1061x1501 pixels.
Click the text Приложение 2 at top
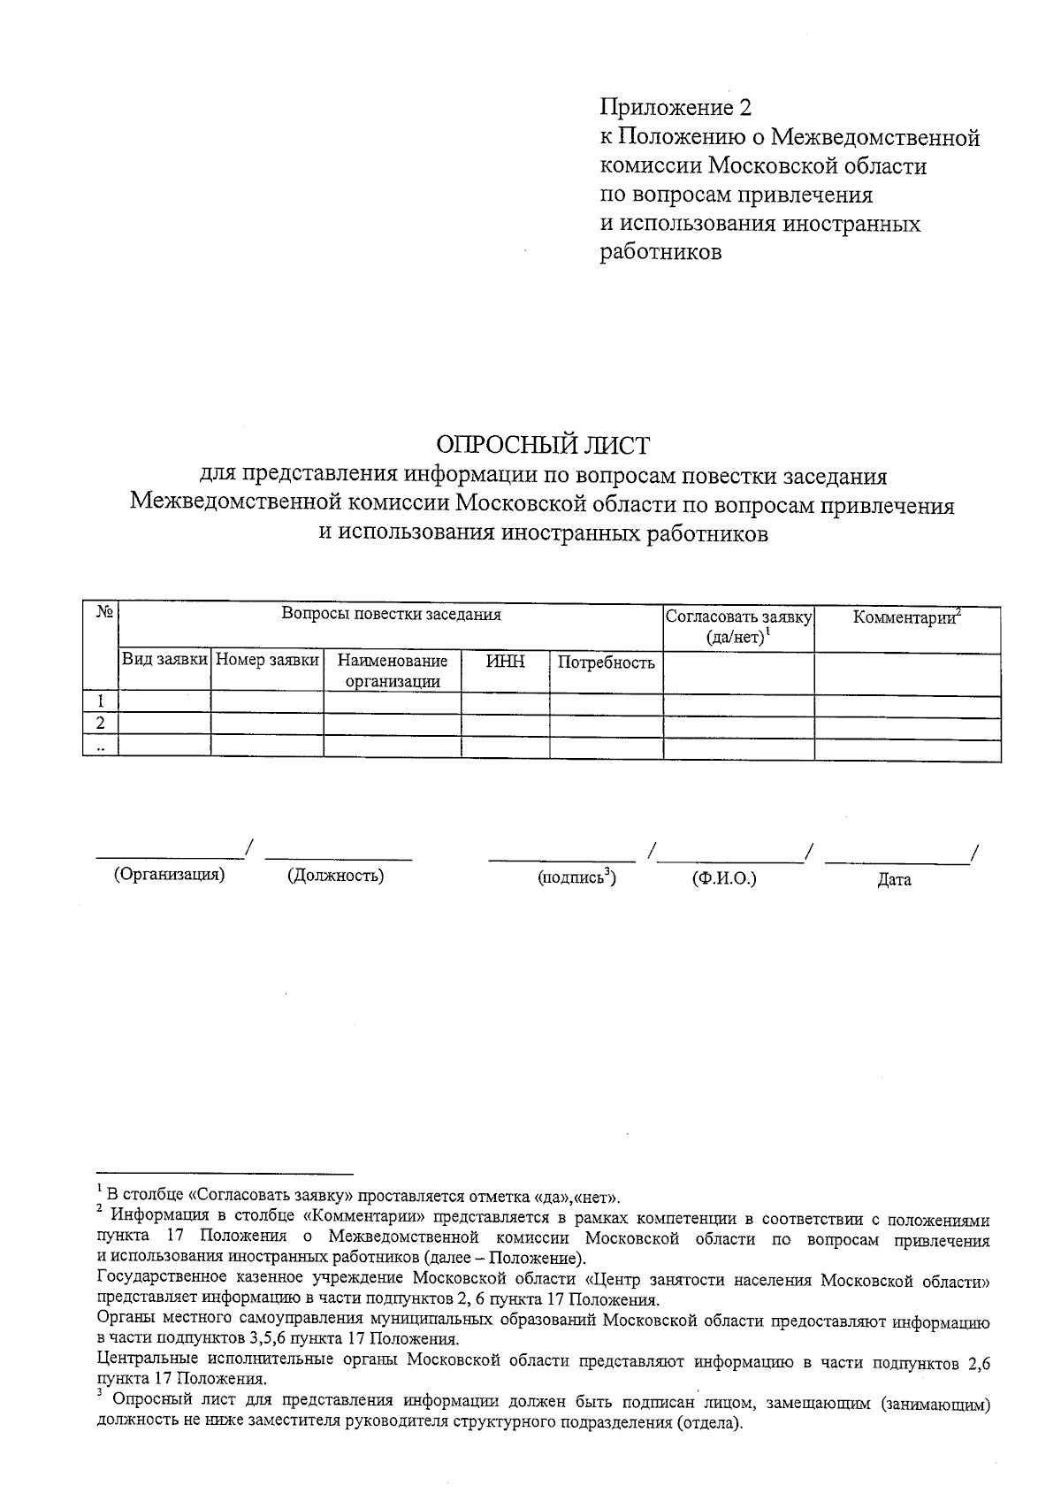676,108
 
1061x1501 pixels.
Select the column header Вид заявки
164,660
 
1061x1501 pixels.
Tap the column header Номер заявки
267,660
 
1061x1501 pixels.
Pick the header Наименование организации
393,670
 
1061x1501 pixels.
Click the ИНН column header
505,660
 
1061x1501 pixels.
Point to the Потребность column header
607,662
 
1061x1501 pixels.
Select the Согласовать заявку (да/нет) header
738,626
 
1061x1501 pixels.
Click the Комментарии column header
906,616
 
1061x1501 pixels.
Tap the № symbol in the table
101,612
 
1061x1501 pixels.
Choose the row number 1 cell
101,701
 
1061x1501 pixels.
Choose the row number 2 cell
101,723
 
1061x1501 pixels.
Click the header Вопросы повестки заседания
391,614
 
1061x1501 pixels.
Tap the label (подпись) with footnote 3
576,877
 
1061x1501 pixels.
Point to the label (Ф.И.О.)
724,878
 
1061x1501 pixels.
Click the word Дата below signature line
894,879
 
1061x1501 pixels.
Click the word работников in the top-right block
661,252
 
